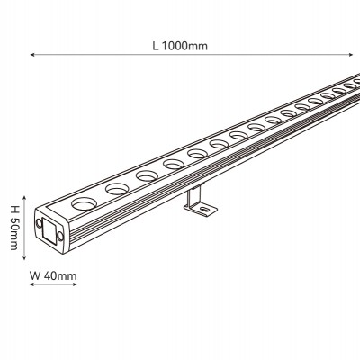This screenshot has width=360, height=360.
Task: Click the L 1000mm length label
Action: (x=180, y=46)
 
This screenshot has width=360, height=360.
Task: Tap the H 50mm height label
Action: (x=14, y=228)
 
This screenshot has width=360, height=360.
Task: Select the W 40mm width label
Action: (x=53, y=275)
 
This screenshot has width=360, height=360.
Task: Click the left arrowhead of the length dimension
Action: (x=32, y=55)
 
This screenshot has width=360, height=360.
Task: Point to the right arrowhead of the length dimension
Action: (x=351, y=55)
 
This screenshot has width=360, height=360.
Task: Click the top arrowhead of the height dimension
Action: (x=24, y=199)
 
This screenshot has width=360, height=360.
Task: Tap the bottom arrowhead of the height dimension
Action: (x=24, y=257)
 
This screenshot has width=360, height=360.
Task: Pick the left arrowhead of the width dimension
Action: (x=32, y=283)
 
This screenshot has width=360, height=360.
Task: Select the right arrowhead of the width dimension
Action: (x=75, y=283)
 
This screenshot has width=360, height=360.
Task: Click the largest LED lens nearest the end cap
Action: (x=83, y=203)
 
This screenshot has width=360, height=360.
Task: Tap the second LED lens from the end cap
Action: (x=117, y=189)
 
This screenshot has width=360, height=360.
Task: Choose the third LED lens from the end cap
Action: (x=147, y=175)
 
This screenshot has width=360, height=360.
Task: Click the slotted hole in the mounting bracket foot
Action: (x=205, y=209)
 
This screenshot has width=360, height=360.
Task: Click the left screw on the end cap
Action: (x=39, y=223)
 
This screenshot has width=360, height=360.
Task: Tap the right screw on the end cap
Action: (x=60, y=236)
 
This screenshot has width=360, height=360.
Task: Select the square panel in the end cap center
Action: (x=49, y=229)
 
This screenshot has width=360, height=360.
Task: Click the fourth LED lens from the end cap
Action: (x=174, y=164)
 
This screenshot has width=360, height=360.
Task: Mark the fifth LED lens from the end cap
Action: (x=197, y=154)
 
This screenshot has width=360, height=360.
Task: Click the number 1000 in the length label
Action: (x=175, y=46)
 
